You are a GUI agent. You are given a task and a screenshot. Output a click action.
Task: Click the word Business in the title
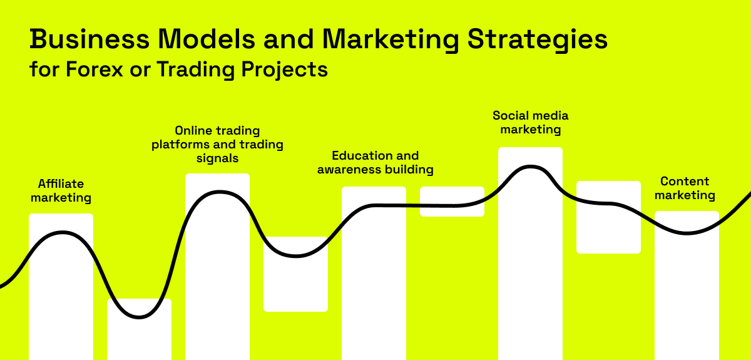click(89, 39)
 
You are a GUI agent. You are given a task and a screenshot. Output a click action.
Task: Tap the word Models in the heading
click(206, 39)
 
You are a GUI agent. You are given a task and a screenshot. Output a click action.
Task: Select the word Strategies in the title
click(537, 40)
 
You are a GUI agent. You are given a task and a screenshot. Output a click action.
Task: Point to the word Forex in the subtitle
click(95, 69)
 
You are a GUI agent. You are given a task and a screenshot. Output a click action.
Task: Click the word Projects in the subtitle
click(284, 70)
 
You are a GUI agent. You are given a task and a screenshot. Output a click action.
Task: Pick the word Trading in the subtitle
click(195, 70)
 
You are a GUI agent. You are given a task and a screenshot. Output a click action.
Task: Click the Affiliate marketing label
click(61, 190)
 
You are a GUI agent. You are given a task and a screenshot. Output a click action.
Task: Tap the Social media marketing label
click(531, 123)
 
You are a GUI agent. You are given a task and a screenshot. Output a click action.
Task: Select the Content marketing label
click(685, 188)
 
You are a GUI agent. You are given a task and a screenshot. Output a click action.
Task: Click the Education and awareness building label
click(375, 163)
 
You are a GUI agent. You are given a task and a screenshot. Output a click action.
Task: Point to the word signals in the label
click(217, 158)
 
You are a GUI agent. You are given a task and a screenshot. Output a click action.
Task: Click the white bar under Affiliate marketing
click(61, 287)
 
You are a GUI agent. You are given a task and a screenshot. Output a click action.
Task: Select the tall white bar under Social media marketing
click(531, 254)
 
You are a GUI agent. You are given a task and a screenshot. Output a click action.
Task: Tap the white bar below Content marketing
click(687, 285)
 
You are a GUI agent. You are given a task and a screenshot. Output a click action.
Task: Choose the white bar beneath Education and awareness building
click(374, 274)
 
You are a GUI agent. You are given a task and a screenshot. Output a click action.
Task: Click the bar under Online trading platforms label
click(218, 267)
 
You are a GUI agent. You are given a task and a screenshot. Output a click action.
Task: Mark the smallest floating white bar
click(452, 202)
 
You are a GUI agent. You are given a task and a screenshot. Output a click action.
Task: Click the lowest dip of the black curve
click(139, 317)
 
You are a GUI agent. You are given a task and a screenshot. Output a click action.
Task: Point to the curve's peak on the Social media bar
click(531, 167)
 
